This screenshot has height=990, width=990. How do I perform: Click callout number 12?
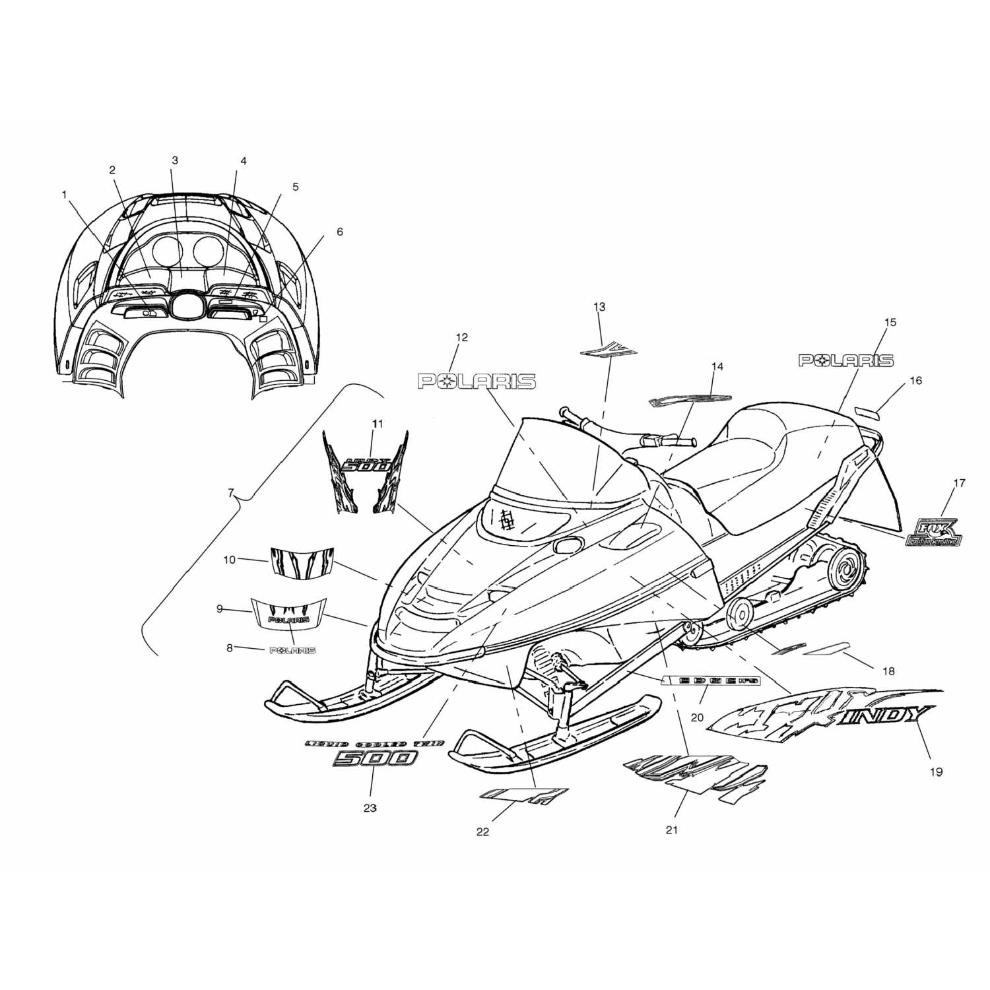point(461,338)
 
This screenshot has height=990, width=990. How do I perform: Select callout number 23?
point(370,808)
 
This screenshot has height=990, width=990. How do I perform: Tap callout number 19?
point(936,772)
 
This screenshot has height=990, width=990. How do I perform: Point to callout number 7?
point(230,493)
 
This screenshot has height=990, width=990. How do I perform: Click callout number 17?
point(959,484)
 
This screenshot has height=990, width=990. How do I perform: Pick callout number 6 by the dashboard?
point(340,232)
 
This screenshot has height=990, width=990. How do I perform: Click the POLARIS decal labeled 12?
point(477,381)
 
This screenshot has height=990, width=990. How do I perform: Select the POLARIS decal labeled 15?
point(845,360)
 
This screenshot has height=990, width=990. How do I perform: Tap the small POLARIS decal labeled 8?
point(292,651)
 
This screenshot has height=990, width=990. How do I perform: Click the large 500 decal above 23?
point(374,760)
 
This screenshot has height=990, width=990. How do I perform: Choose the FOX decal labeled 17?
point(934,531)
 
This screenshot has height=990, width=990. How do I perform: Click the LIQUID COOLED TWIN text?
point(374,743)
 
